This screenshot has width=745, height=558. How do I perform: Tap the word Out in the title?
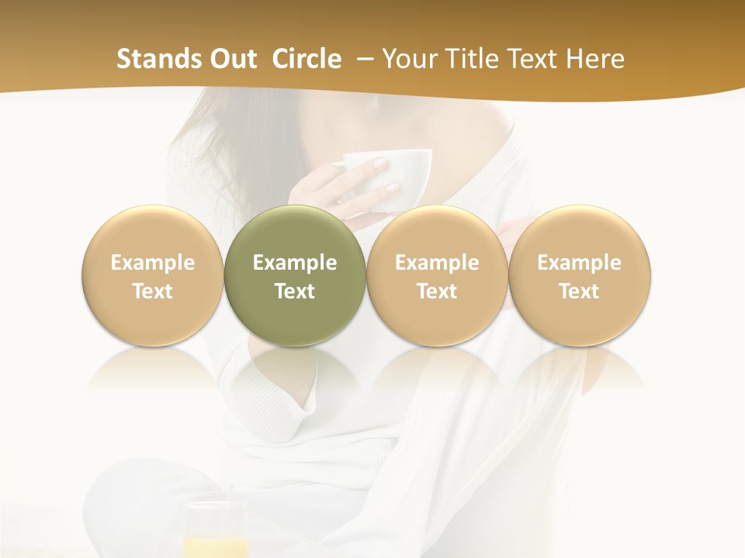click(233, 59)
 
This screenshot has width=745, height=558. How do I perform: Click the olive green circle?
click(295, 310)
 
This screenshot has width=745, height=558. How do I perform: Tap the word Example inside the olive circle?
click(295, 263)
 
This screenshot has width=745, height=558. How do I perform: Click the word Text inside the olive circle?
click(295, 291)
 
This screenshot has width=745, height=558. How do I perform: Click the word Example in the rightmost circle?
click(580, 263)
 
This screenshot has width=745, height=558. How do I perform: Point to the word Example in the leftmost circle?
click(153, 263)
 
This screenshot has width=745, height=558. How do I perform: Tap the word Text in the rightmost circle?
click(580, 291)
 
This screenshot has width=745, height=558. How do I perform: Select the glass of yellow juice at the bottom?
click(216, 535)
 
